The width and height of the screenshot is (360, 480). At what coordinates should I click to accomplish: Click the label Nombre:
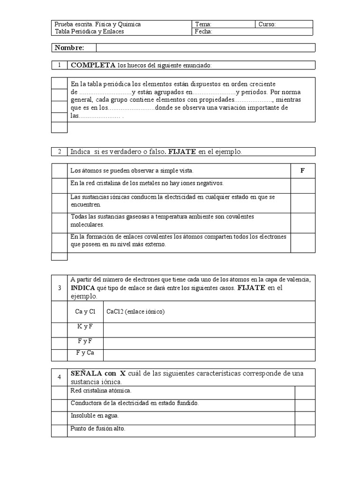[69, 48]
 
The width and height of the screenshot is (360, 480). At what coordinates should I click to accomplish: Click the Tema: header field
[224, 24]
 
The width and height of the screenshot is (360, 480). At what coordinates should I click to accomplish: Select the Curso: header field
[284, 24]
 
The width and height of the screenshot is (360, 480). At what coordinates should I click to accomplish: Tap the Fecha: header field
[253, 32]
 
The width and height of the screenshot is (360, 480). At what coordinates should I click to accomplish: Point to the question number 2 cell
[60, 151]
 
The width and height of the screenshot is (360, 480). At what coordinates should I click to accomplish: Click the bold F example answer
[303, 171]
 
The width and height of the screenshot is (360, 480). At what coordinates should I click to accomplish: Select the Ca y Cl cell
[85, 311]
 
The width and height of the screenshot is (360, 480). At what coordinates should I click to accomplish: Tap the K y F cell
[85, 326]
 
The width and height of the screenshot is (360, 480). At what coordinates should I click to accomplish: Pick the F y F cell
[85, 341]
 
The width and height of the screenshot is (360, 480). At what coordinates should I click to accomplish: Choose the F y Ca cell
[85, 353]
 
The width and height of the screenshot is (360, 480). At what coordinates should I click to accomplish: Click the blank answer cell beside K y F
[209, 330]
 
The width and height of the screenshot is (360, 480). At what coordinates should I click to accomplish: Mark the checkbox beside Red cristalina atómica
[305, 393]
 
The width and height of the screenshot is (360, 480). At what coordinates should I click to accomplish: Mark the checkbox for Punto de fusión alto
[305, 430]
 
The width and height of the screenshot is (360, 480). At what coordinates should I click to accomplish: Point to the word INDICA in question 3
[83, 288]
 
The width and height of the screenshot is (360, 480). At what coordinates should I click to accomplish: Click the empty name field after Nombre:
[205, 48]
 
